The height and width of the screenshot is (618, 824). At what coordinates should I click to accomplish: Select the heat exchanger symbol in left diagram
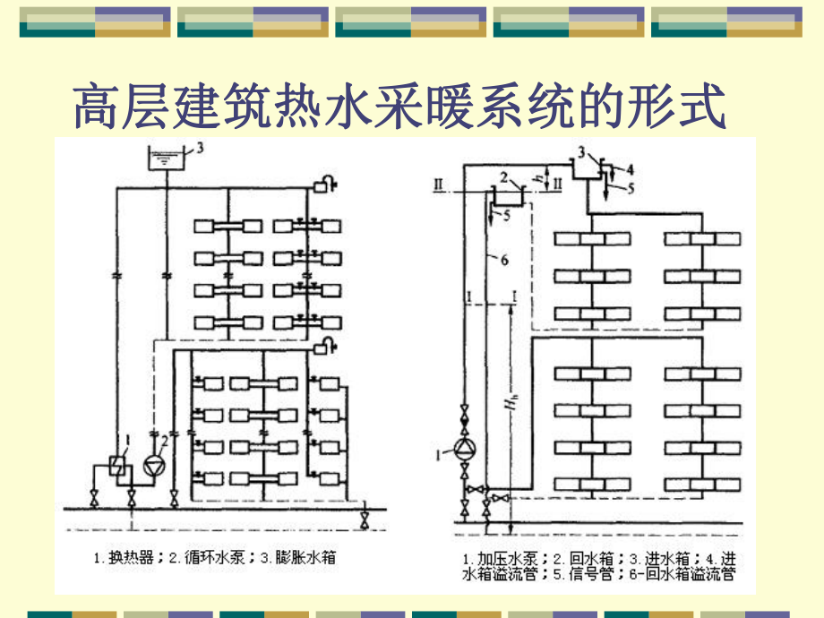pyautogui.click(x=116, y=464)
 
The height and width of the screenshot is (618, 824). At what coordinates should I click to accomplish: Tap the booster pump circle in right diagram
pyautogui.click(x=463, y=449)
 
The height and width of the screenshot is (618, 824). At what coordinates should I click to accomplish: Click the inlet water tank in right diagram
pyautogui.click(x=586, y=168)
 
